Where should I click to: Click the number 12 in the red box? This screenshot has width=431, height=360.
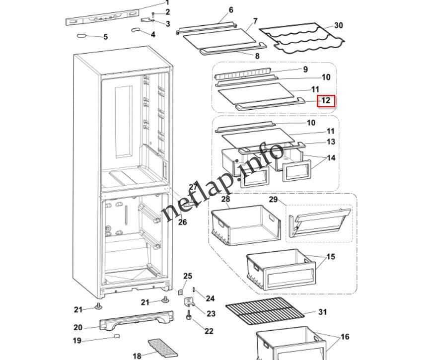[x=326, y=101]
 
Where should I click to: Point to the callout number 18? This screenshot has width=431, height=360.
[x=137, y=356]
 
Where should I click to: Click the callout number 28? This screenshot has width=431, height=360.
[x=225, y=199]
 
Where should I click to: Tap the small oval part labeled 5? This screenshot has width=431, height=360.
[x=84, y=36]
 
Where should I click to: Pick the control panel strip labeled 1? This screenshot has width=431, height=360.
[x=102, y=18]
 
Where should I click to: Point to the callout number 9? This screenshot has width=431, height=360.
[x=305, y=70]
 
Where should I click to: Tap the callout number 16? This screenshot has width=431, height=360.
[x=344, y=337]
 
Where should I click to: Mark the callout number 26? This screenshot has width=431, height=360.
[x=182, y=222]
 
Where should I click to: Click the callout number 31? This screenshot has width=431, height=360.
[x=323, y=312]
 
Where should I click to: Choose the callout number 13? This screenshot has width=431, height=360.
[x=331, y=142]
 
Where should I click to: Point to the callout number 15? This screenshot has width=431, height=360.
[x=330, y=257]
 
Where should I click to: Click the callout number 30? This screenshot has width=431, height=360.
[x=338, y=25]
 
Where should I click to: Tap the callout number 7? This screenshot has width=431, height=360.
[x=255, y=21]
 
